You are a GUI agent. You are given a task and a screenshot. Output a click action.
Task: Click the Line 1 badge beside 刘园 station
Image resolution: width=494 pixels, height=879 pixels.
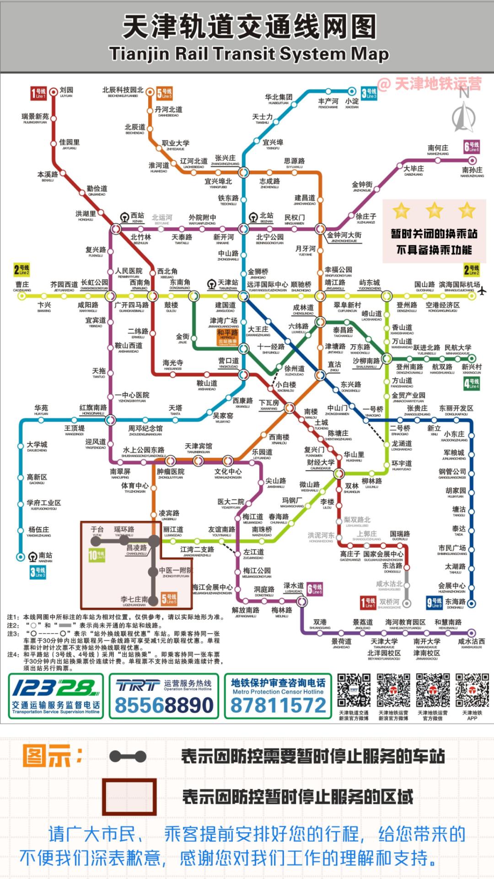(38, 93)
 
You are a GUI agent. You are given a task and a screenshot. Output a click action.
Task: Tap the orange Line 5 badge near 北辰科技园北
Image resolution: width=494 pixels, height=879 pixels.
(164, 93)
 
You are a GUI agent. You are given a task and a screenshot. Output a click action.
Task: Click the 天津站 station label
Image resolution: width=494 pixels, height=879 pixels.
(227, 283)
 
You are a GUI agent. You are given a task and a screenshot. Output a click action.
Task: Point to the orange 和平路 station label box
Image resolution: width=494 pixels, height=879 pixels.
(227, 336)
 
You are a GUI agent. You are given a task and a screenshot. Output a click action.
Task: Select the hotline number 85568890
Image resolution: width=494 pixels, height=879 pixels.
(164, 705)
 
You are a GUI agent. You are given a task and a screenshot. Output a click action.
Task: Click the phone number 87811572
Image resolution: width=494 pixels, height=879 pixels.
(278, 705)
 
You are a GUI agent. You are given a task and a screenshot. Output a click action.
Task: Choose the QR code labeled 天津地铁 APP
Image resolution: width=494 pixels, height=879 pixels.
(472, 691)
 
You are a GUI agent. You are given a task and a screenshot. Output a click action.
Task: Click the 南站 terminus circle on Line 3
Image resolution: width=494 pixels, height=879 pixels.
(21, 557)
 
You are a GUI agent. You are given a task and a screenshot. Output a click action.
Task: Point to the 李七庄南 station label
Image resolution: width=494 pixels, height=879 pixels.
(134, 599)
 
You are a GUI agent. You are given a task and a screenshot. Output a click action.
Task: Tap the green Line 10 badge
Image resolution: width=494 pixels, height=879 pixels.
(97, 555)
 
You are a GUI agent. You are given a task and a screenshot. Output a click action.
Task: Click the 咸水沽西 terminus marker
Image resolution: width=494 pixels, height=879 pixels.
(472, 633)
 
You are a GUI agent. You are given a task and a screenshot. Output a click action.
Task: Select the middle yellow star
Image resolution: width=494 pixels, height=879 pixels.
(434, 211)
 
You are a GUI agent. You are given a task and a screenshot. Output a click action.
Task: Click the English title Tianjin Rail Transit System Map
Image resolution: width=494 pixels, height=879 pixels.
(249, 54)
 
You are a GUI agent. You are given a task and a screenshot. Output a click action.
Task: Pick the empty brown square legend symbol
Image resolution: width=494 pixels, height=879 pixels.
(129, 797)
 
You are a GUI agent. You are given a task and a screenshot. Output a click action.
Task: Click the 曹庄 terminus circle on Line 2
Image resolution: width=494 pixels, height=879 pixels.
(21, 296)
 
